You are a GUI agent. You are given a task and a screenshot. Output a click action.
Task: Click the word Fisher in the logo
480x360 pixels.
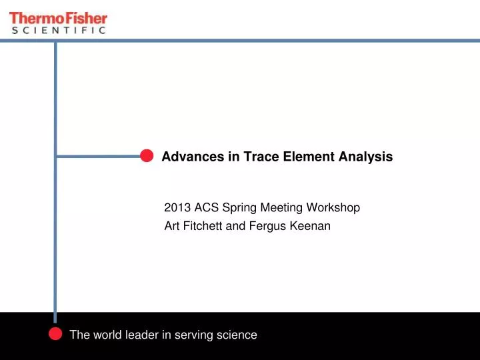tap(84, 18)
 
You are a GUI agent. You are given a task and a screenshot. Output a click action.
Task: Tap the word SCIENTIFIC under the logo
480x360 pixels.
tap(59, 30)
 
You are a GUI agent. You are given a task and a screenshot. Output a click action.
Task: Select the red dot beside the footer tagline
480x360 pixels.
tap(56, 335)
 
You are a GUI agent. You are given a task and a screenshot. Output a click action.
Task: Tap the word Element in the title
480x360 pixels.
tap(306, 157)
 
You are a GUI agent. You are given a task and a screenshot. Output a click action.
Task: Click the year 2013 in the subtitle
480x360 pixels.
tap(177, 207)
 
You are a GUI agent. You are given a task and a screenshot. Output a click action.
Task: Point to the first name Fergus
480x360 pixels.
tap(267, 227)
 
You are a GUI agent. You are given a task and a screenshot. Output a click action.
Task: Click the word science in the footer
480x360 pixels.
tap(236, 335)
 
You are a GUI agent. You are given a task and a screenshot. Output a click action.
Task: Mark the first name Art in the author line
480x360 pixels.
tap(171, 226)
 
